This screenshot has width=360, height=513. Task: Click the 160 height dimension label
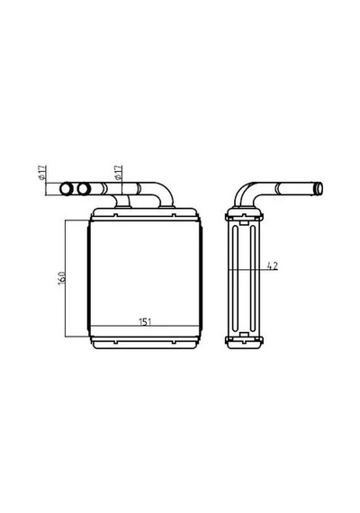pyautogui.click(x=62, y=278)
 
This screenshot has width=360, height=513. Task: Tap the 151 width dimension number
pyautogui.click(x=145, y=322)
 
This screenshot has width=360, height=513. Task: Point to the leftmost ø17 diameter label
pyautogui.click(x=41, y=173)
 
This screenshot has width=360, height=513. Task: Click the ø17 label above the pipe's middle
pyautogui.click(x=119, y=173)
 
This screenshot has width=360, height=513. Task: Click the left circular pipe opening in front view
pyautogui.click(x=67, y=189)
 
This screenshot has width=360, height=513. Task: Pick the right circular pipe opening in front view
pyautogui.click(x=84, y=189)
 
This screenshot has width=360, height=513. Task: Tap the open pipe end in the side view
pyautogui.click(x=319, y=189)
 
